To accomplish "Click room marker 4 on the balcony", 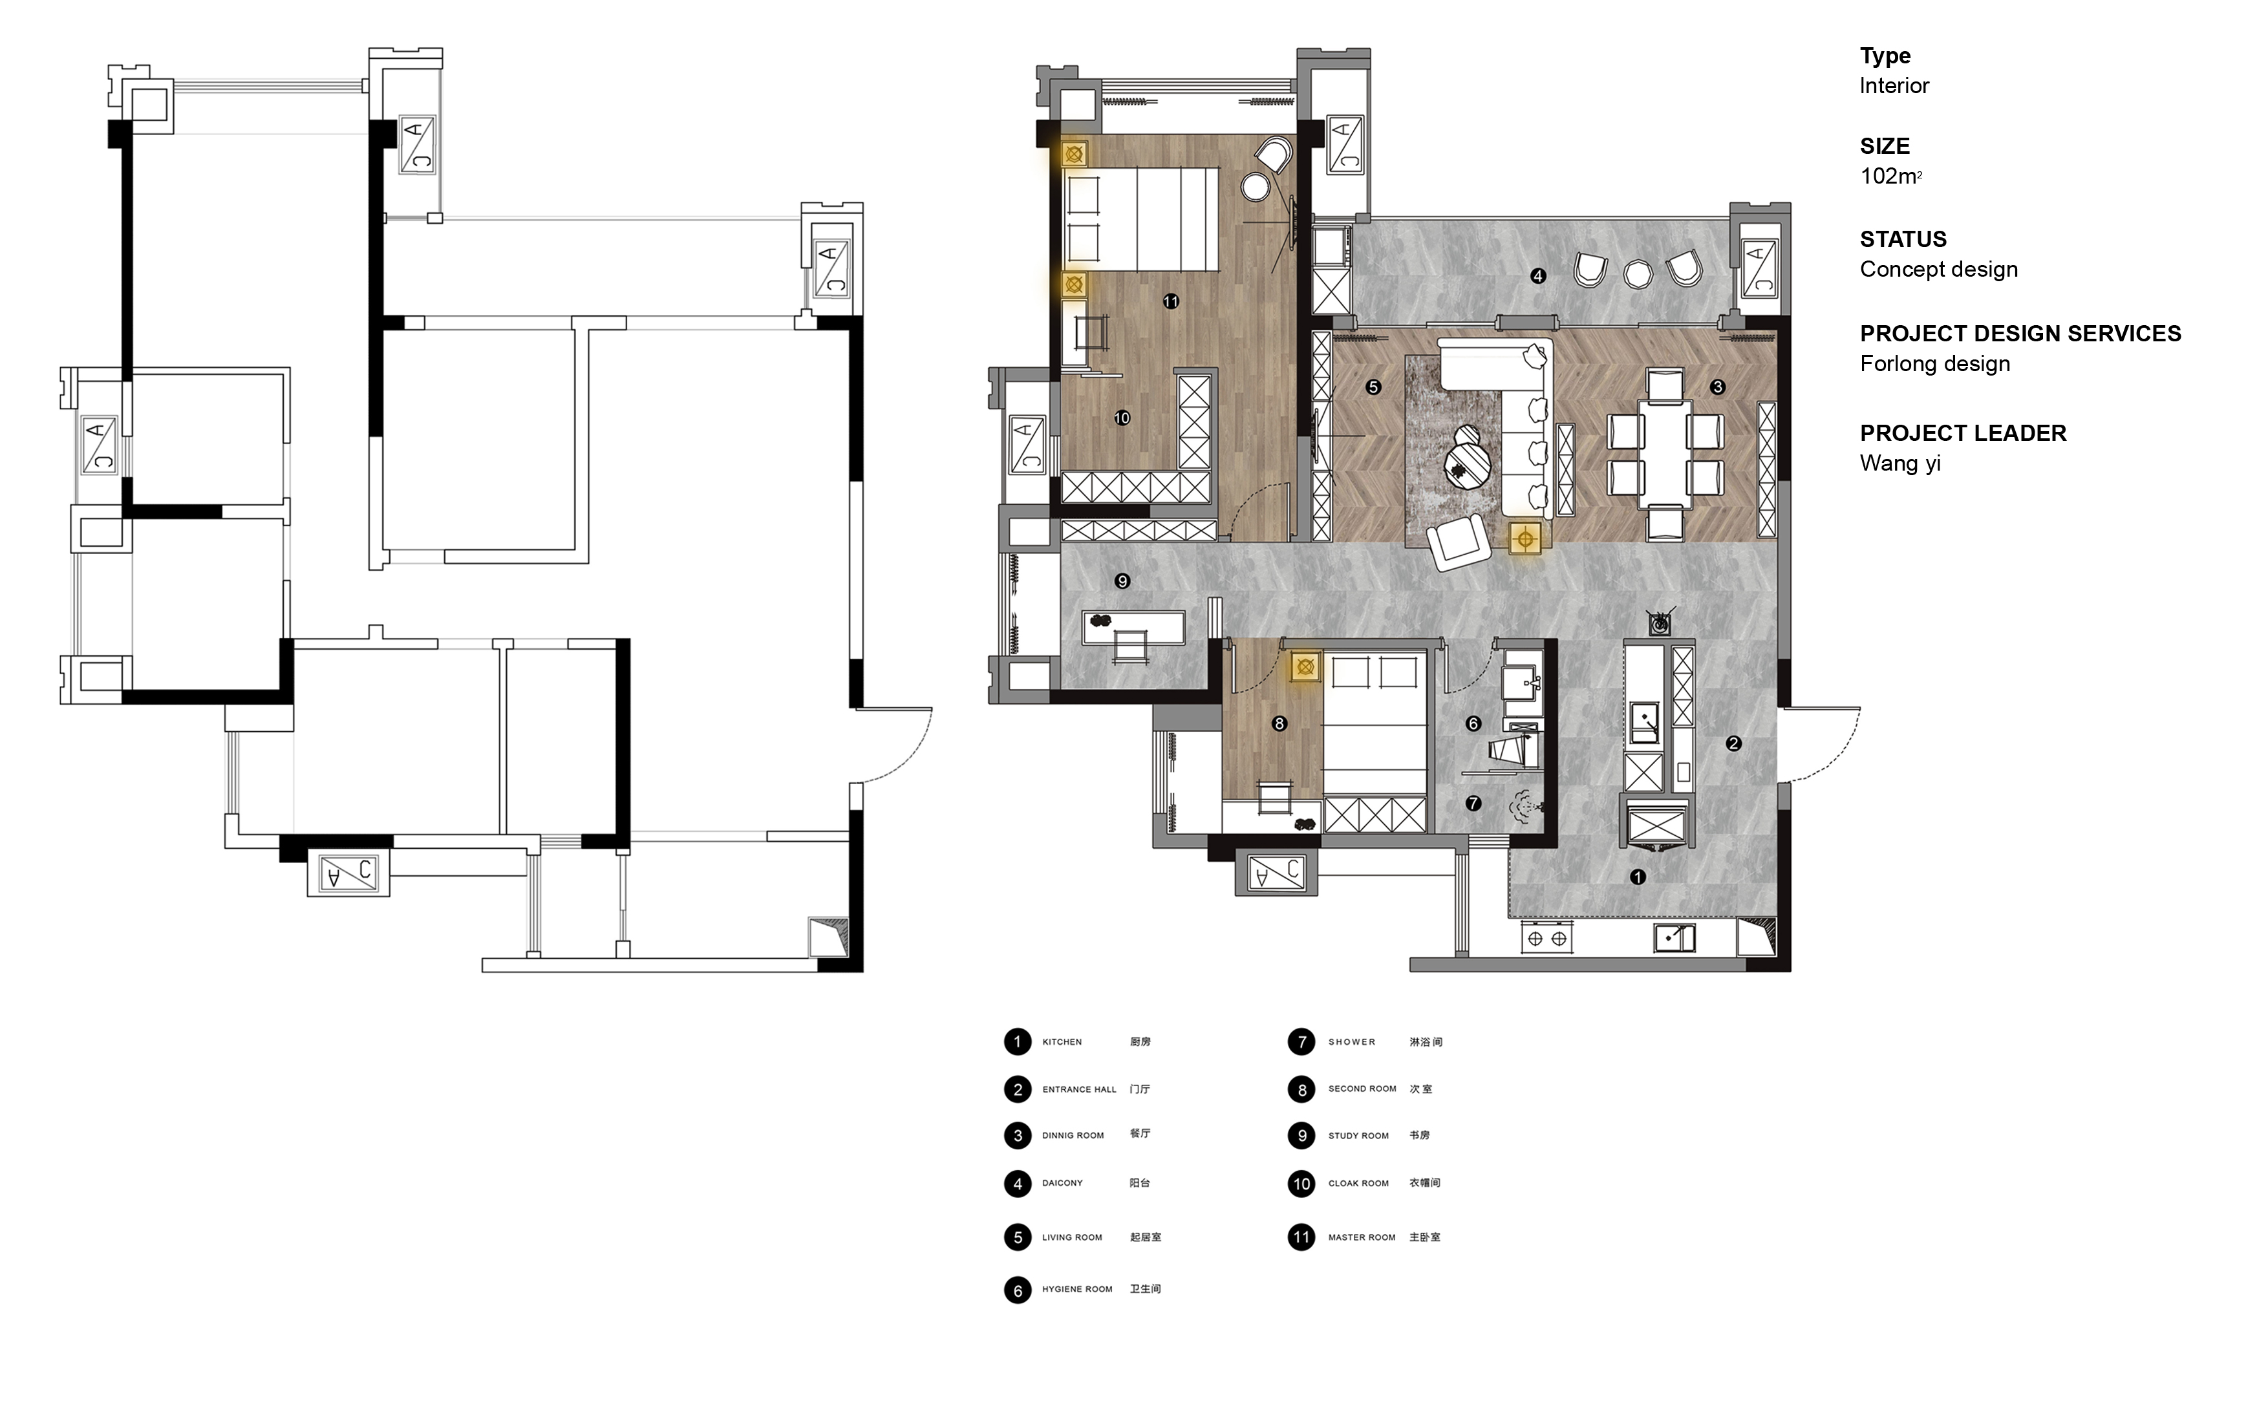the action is pos(1538,275).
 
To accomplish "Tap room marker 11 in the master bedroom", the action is pos(1170,301).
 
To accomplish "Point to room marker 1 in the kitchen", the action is pos(1638,876).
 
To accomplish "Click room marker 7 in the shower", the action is pos(1473,803).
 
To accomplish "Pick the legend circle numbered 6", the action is pos(1018,1290).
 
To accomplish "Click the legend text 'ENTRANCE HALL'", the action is pos(1079,1089).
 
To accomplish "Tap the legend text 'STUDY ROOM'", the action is pos(1358,1136).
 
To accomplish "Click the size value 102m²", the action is pos(1891,176).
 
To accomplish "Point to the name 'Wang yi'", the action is pos(1900,464).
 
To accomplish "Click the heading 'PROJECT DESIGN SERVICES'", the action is pos(2020,334).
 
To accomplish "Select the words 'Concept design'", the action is pos(1938,269).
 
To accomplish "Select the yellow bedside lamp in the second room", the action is pos(1305,667).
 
